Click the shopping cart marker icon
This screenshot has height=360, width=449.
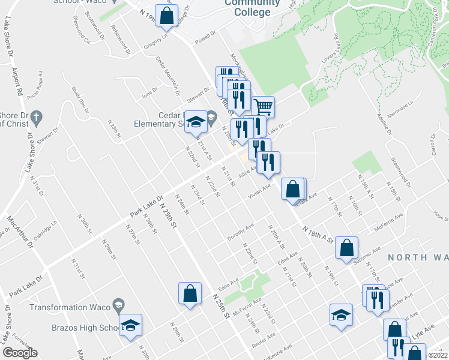[x=264, y=107]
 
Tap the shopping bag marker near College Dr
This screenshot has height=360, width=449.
[x=166, y=16]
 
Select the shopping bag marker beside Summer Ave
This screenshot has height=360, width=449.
[x=347, y=247]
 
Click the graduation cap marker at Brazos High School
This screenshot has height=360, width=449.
[x=130, y=325]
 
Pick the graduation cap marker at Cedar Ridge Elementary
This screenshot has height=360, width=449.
[x=194, y=122]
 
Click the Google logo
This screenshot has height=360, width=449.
[x=20, y=353]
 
